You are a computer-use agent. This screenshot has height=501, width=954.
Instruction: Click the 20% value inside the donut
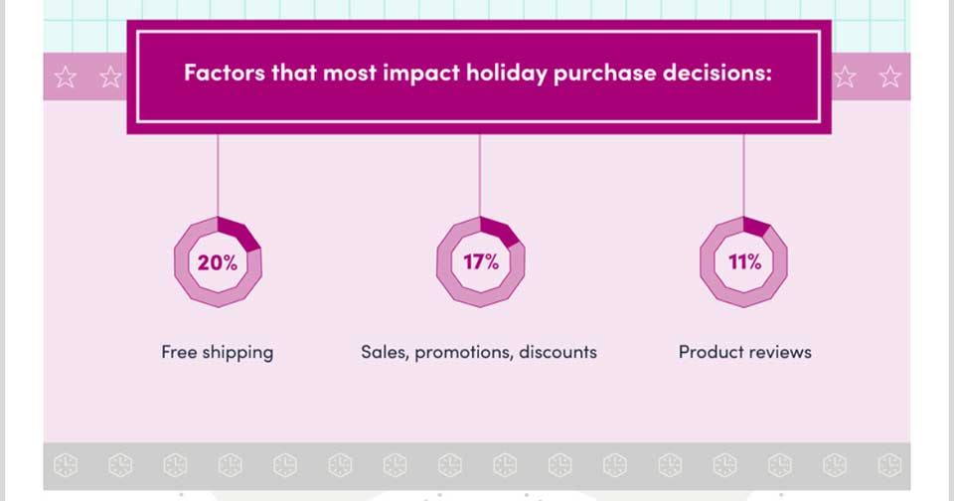[x=218, y=262]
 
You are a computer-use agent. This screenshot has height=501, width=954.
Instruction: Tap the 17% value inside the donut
[x=481, y=261]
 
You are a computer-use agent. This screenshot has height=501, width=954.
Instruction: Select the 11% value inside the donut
[x=744, y=261]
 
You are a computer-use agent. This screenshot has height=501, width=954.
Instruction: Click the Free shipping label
[x=218, y=353]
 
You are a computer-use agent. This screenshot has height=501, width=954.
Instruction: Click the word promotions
[x=464, y=353]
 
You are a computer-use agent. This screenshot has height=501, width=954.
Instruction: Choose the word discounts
[x=557, y=352]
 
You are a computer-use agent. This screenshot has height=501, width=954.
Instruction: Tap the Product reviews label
[x=744, y=352]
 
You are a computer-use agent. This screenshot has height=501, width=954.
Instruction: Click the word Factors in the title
[x=225, y=73]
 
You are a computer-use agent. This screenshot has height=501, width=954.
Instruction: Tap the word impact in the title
[x=421, y=74]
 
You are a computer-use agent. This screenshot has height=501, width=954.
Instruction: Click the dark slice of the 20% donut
[x=239, y=233]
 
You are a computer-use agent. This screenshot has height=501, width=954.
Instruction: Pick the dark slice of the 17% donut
[x=500, y=231]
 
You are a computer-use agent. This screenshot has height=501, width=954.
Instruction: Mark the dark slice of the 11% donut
[x=757, y=227]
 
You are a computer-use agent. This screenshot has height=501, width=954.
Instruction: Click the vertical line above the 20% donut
[x=218, y=175]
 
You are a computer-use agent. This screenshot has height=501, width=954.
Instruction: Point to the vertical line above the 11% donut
[x=743, y=175]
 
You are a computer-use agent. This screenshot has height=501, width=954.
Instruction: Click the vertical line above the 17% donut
[x=480, y=175]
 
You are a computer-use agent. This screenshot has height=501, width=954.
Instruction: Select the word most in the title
[x=350, y=73]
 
